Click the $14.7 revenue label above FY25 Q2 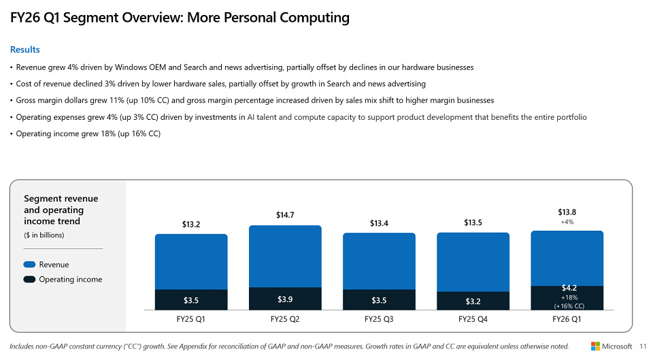pos(285,215)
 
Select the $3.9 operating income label pos(285,299)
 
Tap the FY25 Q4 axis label pos(473,318)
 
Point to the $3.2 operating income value pos(473,301)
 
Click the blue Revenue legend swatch pos(29,265)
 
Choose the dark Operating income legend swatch pos(29,280)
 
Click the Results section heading pos(24,50)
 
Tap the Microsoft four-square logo pos(595,346)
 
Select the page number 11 pos(643,346)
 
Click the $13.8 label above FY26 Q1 pos(567,212)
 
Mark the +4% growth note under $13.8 pos(567,223)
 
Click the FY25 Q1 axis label pos(191,318)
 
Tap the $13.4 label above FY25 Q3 pos(379,223)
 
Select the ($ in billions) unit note pos(44,235)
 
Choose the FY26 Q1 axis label pos(567,318)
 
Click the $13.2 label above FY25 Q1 pos(191,224)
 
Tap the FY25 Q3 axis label pos(379,318)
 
